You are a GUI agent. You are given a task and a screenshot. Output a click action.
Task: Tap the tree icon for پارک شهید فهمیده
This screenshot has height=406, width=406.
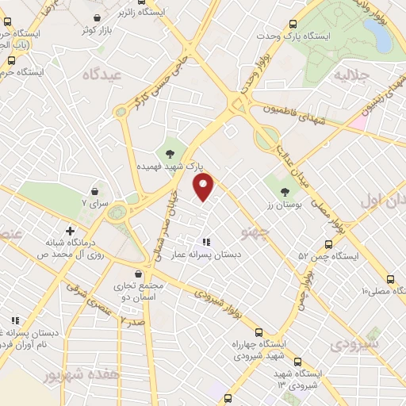[170, 154]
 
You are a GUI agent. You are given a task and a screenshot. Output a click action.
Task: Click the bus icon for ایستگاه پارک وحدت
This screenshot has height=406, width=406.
[294, 25]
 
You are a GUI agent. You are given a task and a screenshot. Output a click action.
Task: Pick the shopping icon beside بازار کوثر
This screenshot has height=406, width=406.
[97, 17]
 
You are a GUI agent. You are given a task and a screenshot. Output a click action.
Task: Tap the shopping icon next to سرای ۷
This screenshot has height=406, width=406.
[94, 191]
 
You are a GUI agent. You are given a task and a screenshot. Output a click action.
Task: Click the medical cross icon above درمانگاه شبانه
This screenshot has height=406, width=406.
[71, 231]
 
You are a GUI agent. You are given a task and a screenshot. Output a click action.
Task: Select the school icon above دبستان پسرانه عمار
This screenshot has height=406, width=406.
[206, 242]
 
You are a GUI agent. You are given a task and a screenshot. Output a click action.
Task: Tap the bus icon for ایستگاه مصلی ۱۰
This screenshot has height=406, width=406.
[389, 279]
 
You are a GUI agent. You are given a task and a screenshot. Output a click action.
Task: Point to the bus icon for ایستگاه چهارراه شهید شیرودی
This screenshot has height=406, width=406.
[259, 332]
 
